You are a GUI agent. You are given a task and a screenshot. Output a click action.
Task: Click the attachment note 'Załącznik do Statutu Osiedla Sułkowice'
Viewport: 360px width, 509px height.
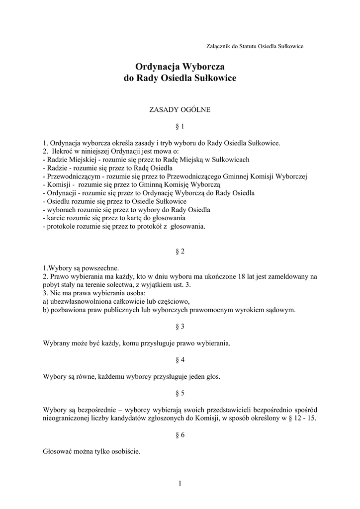pos(255,46)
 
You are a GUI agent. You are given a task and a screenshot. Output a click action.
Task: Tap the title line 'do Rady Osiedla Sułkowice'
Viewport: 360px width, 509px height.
pos(180,78)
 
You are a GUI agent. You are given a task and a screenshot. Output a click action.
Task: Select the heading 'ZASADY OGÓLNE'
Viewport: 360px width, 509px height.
pos(180,109)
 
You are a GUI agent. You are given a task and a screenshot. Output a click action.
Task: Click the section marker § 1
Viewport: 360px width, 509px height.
pos(180,126)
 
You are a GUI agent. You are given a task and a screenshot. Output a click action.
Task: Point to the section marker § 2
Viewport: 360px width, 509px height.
pos(180,252)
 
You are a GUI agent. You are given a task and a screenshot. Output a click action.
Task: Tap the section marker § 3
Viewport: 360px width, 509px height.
pos(180,327)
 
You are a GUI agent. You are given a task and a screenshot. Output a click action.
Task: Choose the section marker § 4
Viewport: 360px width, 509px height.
pos(180,359)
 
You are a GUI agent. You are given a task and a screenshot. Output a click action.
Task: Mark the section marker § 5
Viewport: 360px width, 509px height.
pos(180,393)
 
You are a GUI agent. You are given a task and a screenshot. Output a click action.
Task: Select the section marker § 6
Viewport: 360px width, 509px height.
pos(180,434)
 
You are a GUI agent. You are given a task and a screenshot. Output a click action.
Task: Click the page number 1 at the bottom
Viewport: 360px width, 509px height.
pos(180,484)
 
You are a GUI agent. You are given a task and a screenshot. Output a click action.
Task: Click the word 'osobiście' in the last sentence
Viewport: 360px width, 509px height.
pos(126,452)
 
